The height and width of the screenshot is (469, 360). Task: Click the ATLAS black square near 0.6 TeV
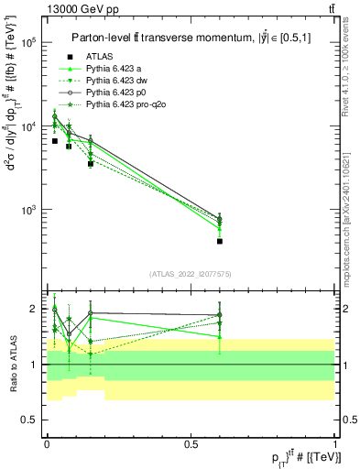[x=220, y=241]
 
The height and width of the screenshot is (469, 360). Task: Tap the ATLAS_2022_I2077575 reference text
[x=190, y=274]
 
